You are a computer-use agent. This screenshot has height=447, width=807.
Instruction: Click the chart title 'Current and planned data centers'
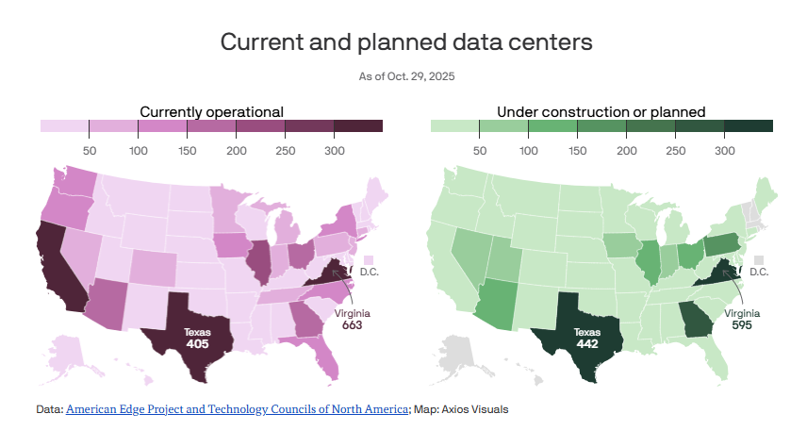click(x=406, y=42)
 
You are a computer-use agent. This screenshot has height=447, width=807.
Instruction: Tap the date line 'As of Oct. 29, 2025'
click(x=406, y=75)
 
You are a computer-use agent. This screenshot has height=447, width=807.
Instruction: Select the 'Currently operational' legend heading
click(x=211, y=111)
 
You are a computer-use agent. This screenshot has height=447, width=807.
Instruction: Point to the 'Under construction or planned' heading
click(x=601, y=111)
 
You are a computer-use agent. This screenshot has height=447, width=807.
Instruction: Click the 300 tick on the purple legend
click(x=334, y=150)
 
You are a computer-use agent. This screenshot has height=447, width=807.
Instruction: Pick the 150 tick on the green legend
click(x=577, y=150)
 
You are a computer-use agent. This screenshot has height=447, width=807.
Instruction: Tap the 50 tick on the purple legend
click(x=90, y=150)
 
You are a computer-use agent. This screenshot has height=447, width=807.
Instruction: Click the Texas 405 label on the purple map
click(x=197, y=339)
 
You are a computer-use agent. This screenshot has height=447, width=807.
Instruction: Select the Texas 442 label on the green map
click(x=587, y=339)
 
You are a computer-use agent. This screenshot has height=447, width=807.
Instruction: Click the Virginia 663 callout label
click(x=352, y=320)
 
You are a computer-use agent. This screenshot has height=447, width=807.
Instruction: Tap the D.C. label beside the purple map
click(x=369, y=272)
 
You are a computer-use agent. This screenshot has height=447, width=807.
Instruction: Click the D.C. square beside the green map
click(x=759, y=258)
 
